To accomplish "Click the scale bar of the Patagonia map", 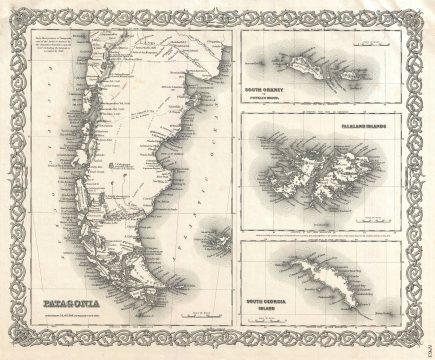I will [190, 319].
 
